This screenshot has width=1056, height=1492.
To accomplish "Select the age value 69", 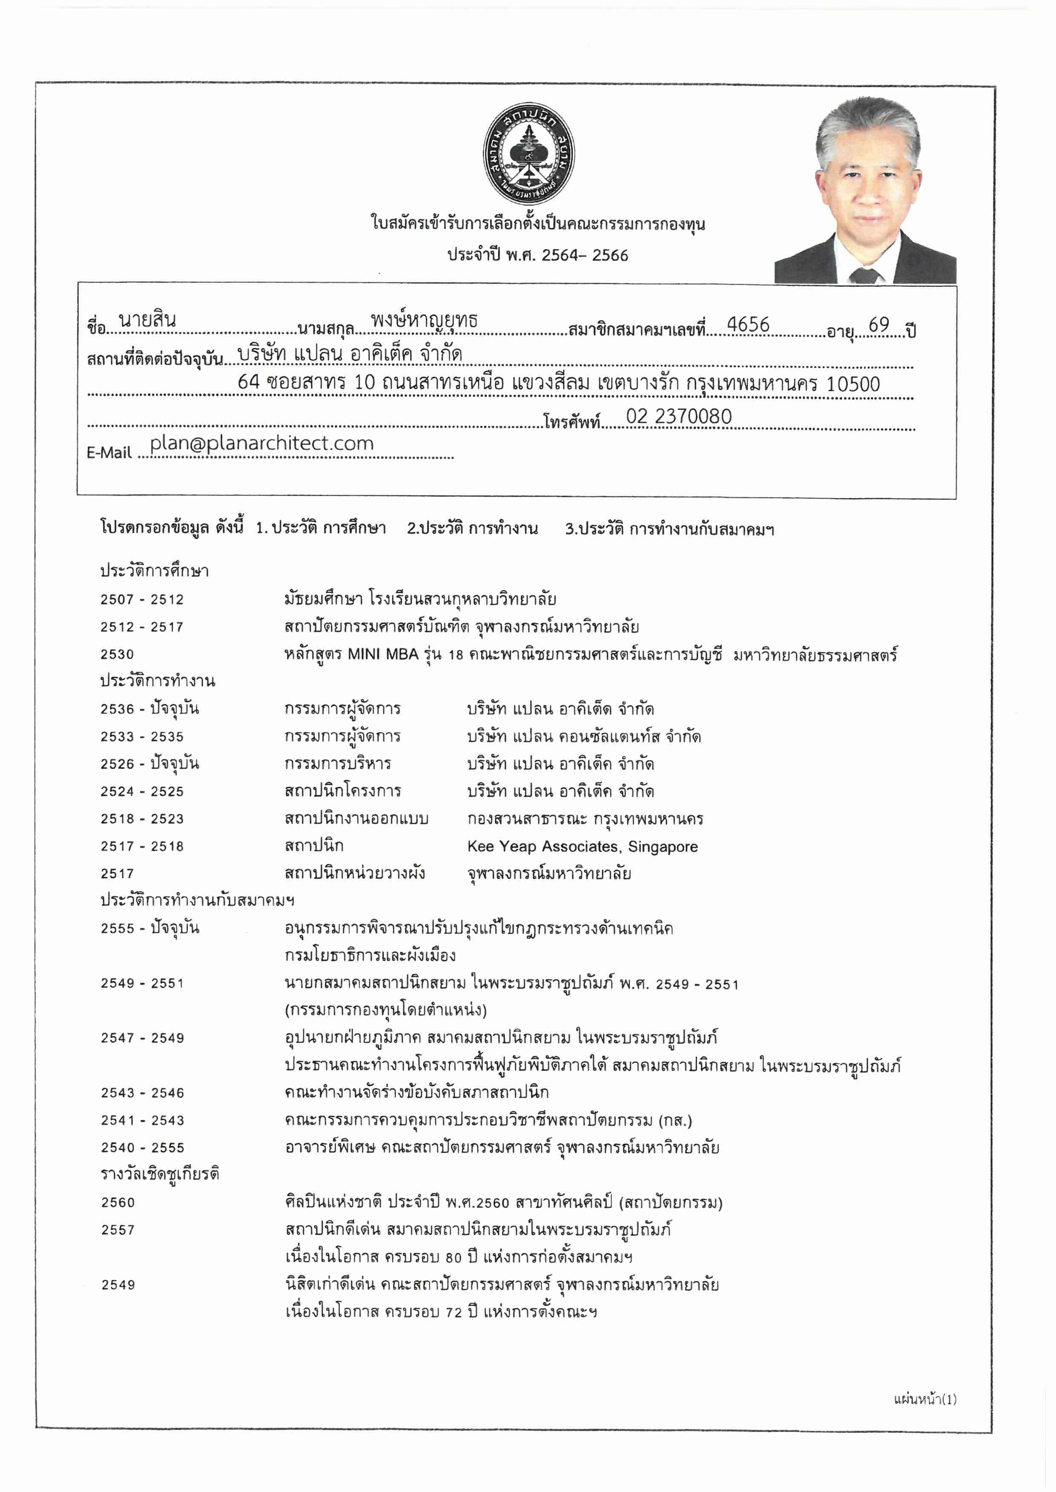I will tap(878, 325).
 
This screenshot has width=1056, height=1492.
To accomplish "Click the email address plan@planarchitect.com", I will tap(261, 444).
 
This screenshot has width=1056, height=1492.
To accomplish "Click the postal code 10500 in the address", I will tap(852, 384).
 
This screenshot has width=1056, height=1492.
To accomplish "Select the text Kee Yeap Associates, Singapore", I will tap(582, 846).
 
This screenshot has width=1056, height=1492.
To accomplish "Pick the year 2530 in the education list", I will tap(117, 654).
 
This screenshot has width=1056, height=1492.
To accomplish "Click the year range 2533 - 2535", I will tap(142, 737).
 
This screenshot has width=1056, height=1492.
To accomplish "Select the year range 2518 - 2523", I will tap(142, 819).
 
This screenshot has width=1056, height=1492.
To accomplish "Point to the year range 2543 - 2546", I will tap(142, 1093).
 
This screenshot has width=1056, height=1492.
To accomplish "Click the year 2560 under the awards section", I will tap(118, 1203).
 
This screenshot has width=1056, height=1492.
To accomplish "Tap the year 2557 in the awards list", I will tap(118, 1230).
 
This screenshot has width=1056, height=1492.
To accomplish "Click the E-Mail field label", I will tap(109, 453).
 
